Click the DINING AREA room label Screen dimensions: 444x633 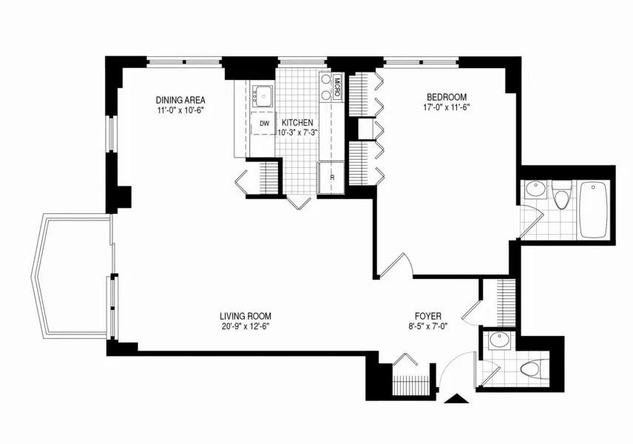click(x=180, y=100)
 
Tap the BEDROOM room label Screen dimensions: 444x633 click(x=446, y=97)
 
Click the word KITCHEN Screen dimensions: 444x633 click(x=296, y=123)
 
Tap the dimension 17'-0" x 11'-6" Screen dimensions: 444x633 click(x=446, y=107)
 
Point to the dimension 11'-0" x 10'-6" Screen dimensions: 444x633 click(x=180, y=110)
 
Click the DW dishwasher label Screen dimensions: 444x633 click(x=263, y=124)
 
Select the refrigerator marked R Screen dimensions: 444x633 click(x=332, y=178)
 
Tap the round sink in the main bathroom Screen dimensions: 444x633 click(x=535, y=190)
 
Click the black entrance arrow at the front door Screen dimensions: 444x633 click(x=458, y=400)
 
